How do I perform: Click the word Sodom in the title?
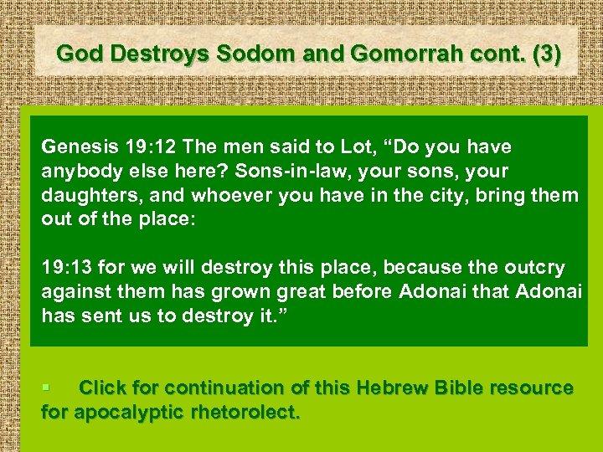pos(249,53)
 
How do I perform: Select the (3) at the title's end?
pos(542,53)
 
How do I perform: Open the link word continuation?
pos(225,388)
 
